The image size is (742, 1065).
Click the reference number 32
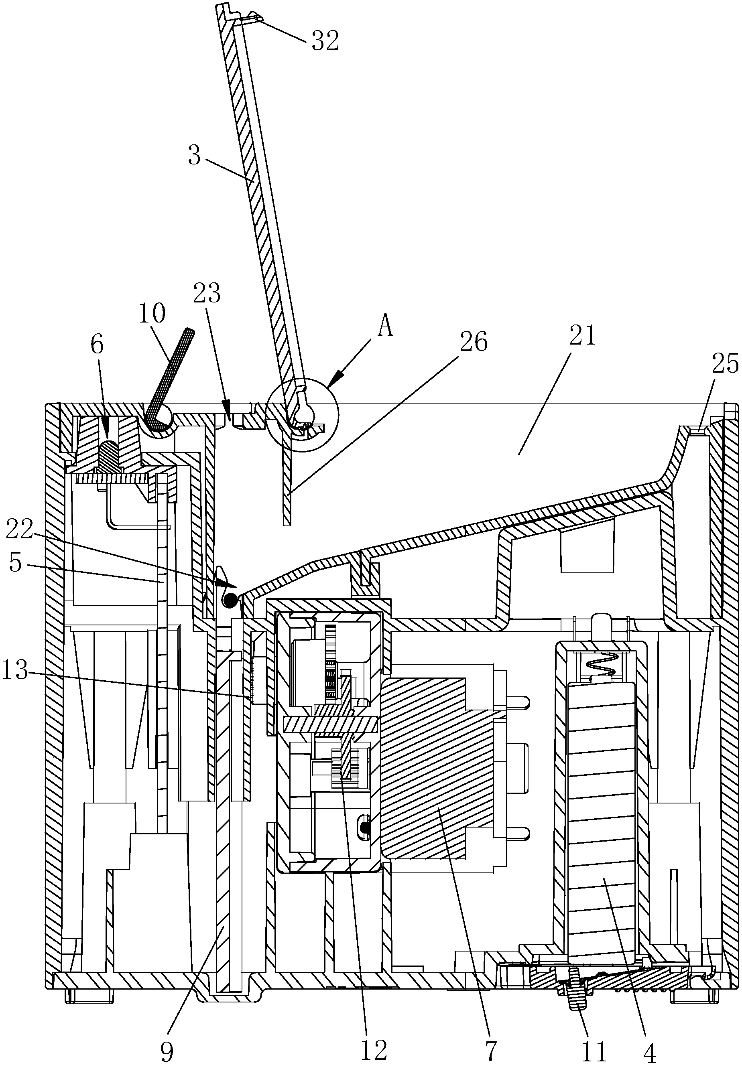[x=325, y=41]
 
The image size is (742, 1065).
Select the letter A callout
[x=386, y=327]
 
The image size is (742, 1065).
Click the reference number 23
[x=207, y=293]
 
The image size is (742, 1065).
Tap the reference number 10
[x=152, y=314]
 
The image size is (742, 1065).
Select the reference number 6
[x=98, y=345]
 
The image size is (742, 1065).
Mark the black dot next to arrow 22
[x=229, y=601]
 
